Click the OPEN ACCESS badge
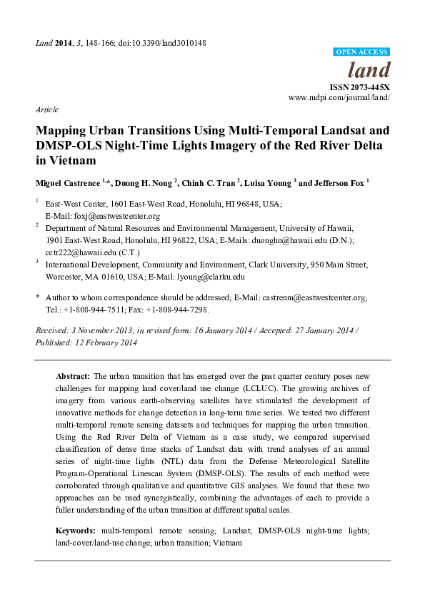363,52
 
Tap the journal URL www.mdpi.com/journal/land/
339,97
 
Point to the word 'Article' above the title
46,110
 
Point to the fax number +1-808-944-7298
181,310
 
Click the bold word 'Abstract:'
73,375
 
